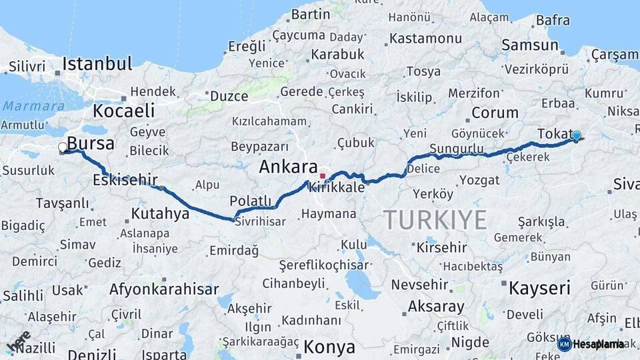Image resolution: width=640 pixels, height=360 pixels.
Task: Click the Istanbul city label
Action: [x=97, y=65]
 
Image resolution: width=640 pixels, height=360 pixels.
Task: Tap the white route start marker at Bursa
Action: [x=63, y=147]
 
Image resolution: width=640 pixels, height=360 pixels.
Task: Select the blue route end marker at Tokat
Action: [x=577, y=135]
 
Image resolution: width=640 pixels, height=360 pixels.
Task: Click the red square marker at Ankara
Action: [x=323, y=176]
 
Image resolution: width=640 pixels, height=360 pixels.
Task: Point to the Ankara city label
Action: [x=287, y=167]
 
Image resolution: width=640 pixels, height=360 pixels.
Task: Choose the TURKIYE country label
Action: [x=435, y=219]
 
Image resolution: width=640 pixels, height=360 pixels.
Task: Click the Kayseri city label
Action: [x=539, y=289]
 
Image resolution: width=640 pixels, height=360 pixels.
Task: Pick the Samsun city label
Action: [x=529, y=45]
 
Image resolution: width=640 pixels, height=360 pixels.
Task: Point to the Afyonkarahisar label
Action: [x=163, y=289]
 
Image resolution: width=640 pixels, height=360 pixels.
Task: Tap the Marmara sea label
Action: [x=24, y=105]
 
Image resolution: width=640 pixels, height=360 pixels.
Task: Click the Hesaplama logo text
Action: [x=598, y=344]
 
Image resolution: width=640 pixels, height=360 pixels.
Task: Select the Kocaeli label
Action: [x=123, y=111]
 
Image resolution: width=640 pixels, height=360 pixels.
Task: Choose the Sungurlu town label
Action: [x=457, y=147]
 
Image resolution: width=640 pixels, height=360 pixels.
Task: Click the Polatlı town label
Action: [x=251, y=201]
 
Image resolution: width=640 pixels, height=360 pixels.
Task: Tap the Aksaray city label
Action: [x=436, y=307]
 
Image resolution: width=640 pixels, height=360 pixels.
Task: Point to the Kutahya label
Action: [x=160, y=214]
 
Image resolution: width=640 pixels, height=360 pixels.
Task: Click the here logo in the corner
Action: [x=18, y=342]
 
